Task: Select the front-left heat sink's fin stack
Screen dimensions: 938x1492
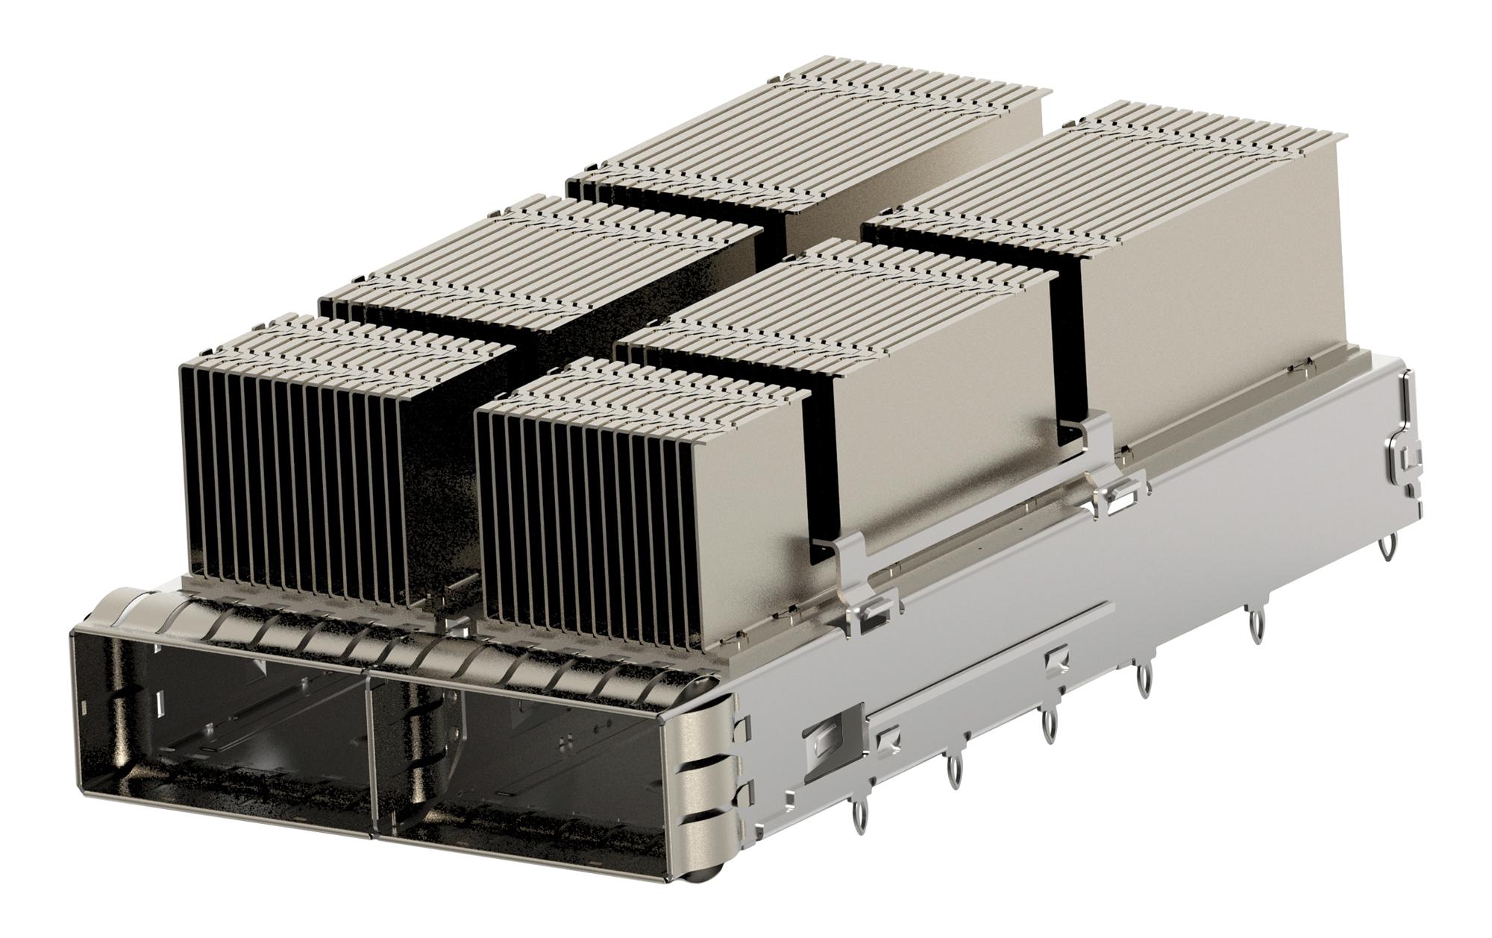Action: click(298, 462)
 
